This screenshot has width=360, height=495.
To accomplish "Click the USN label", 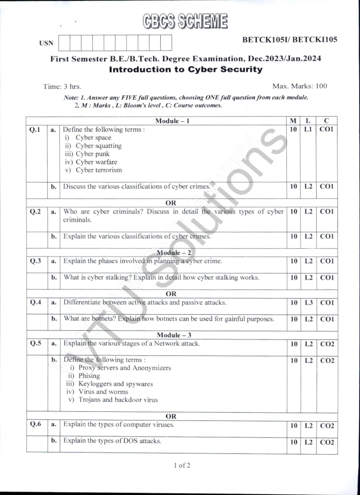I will point(46,43).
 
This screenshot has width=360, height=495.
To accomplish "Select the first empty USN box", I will point(64,43).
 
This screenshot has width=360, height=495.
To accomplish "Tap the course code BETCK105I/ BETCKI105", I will point(289,40).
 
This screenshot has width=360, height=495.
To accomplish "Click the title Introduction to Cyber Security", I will point(186,69).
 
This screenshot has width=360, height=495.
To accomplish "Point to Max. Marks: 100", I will point(299,86).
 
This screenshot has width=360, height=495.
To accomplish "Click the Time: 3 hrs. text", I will point(62,86).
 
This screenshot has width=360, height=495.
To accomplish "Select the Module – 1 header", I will point(172,121).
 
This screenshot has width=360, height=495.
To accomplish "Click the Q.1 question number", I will point(35,130).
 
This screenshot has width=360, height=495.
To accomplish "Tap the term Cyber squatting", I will point(98,146).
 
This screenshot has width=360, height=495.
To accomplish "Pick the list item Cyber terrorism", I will point(99,170).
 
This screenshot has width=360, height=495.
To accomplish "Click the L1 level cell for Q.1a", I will point(308,129).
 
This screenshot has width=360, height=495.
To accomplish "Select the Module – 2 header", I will point(174,253).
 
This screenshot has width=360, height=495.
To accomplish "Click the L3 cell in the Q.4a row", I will point(309,303).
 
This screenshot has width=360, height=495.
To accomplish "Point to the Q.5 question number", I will point(35,343).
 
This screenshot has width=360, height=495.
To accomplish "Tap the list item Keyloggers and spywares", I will point(115,384).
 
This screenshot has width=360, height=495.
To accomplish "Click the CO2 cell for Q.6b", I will point(327,442).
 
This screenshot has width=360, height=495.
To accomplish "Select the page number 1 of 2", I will point(182,466).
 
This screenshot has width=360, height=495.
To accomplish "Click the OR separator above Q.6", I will point(171,416).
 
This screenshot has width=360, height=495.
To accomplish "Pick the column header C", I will point(326,121).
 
